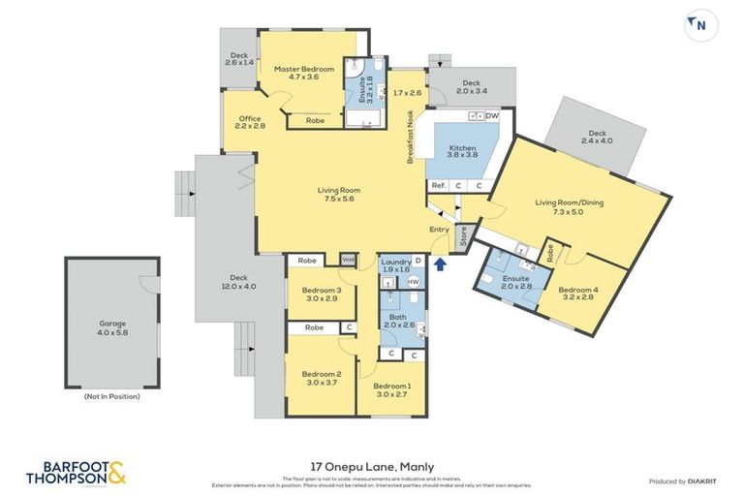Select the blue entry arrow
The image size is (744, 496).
point(442,262)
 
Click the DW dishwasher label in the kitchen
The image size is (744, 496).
point(492,115)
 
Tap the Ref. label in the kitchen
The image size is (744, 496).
point(439,185)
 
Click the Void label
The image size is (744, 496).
point(349,260)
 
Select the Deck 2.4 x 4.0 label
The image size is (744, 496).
point(597,137)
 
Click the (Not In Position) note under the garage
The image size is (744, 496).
point(112,396)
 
